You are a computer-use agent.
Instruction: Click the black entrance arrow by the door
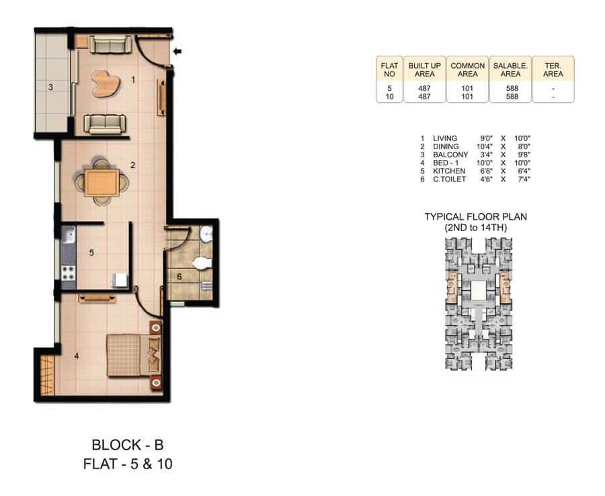click(x=177, y=51)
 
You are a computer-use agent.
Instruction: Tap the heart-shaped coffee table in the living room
click(x=106, y=83)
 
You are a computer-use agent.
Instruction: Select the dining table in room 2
click(x=102, y=182)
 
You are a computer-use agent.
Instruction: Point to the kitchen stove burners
click(x=69, y=274)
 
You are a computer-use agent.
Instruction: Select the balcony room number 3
click(x=50, y=86)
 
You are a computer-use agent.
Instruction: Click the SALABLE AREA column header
click(x=510, y=69)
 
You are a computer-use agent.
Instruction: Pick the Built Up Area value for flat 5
click(x=424, y=88)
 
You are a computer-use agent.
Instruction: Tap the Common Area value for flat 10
click(x=467, y=97)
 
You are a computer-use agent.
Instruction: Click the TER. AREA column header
click(x=553, y=69)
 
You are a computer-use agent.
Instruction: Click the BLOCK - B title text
click(x=127, y=444)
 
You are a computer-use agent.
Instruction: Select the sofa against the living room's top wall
click(x=111, y=45)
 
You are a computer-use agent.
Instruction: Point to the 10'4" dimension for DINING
click(x=484, y=147)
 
